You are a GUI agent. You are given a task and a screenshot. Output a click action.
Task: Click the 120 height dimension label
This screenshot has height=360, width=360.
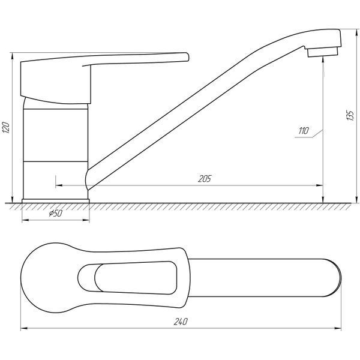[x=6, y=128]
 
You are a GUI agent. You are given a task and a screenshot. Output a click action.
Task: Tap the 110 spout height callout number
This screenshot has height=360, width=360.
[x=303, y=131]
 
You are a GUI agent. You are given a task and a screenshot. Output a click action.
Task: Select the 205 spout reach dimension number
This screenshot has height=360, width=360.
[x=205, y=179]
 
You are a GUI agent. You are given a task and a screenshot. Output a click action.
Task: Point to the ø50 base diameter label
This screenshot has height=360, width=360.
[x=56, y=214]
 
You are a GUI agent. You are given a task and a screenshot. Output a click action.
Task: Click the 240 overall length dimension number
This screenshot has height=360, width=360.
[x=181, y=322]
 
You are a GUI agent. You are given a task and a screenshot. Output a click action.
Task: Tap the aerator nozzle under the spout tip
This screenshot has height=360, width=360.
[x=323, y=52]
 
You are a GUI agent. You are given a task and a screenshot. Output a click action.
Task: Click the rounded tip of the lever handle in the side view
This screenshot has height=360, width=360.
[x=187, y=57]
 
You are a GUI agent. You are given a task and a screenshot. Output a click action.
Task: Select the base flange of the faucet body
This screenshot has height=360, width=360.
[x=56, y=201]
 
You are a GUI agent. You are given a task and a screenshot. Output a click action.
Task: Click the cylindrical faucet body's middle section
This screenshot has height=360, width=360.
[x=56, y=135]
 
